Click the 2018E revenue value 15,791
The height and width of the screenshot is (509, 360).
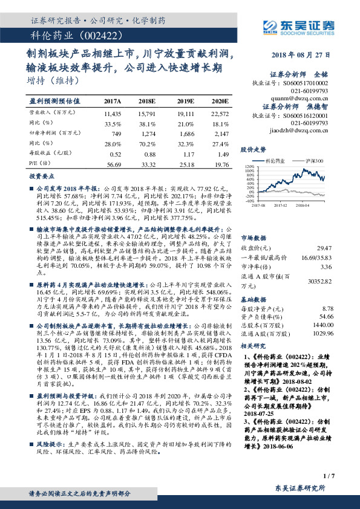click(147, 112)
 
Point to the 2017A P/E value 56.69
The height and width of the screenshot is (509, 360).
click(113, 163)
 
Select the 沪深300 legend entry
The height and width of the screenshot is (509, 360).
click(315, 161)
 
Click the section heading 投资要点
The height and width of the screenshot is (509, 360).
click(42, 176)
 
